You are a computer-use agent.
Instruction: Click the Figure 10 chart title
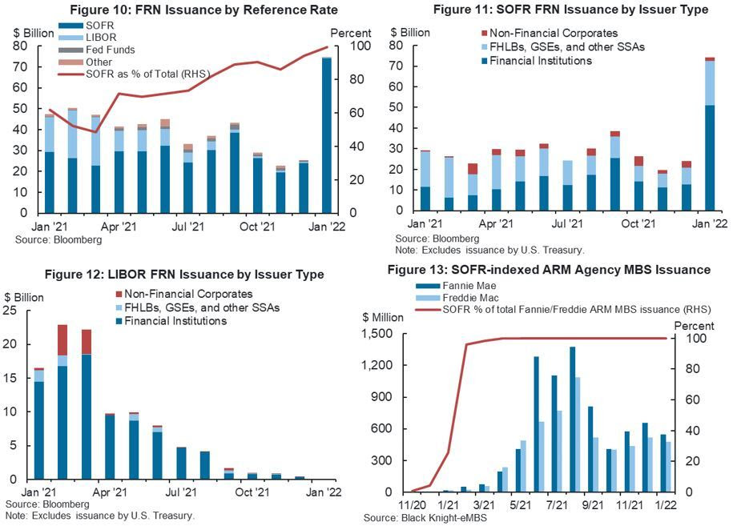tap(203, 10)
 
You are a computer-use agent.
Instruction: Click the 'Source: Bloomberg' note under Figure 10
tap(70, 239)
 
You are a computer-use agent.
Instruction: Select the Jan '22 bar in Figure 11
tap(710, 135)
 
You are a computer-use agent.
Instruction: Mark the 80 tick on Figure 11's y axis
tap(397, 46)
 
